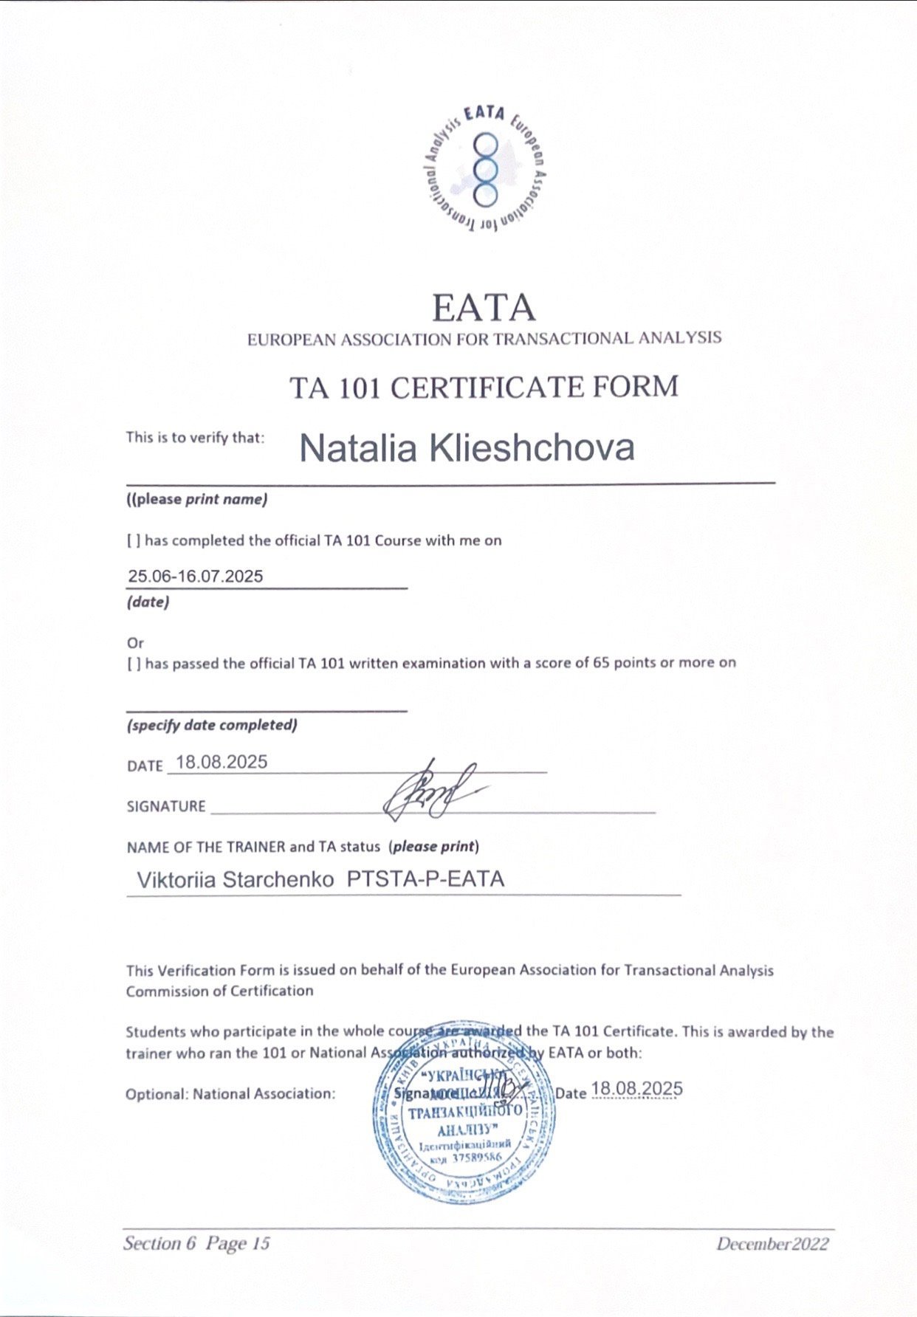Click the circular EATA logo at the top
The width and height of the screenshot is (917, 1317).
tap(484, 169)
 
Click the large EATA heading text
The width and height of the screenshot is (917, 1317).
tap(484, 308)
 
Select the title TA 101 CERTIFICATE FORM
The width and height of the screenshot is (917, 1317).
tap(484, 388)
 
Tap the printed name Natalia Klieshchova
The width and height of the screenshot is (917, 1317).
tap(467, 448)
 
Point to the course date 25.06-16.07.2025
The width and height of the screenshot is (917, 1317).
tap(195, 577)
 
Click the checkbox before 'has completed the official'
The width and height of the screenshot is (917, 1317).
tap(134, 541)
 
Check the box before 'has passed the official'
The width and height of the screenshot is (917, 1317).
tap(134, 664)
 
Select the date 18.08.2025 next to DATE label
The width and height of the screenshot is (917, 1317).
tap(221, 763)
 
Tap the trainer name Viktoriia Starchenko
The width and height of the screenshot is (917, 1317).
tap(236, 879)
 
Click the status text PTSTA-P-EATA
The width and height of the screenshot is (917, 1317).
tap(425, 879)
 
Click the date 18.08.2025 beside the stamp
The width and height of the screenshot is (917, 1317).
tap(636, 1089)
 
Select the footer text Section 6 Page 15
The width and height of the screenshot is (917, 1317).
tap(196, 1243)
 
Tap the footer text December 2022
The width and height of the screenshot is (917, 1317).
tap(772, 1244)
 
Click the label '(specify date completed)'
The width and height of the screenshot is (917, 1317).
tap(212, 725)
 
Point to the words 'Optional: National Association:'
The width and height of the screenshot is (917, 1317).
tap(230, 1093)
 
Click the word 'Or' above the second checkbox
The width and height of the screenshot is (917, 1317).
tap(135, 642)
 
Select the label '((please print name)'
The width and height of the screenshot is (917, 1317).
tap(196, 499)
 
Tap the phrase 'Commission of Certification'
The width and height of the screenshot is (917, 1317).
tap(219, 991)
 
